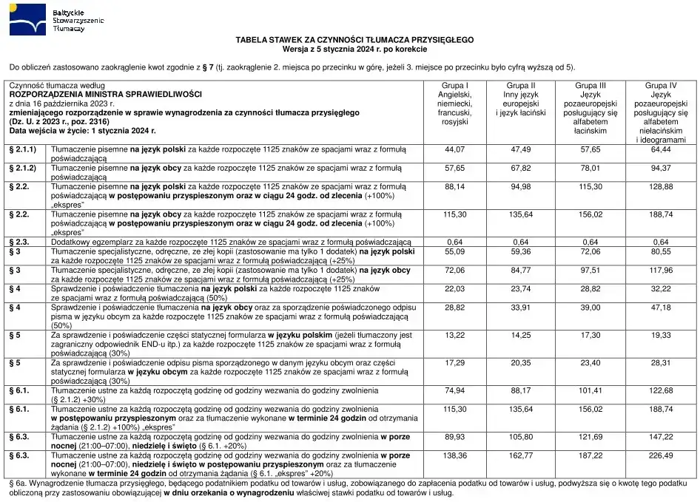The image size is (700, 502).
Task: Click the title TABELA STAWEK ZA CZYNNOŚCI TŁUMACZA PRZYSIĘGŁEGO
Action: (x=354, y=38)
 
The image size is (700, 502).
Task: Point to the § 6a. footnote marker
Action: (x=19, y=482)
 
